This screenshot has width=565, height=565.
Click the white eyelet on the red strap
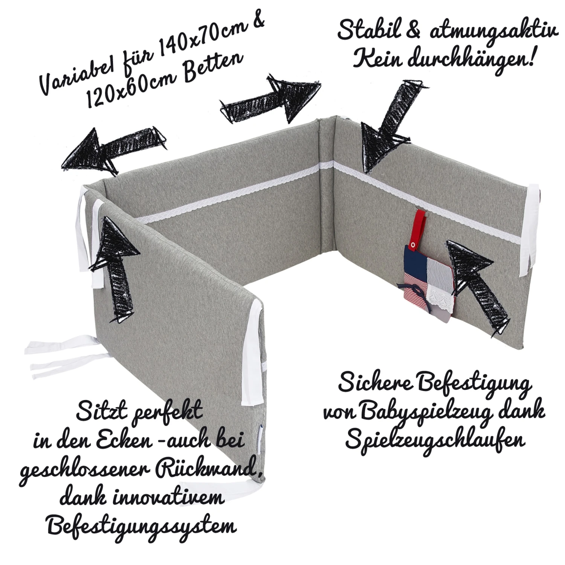point(414,245)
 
